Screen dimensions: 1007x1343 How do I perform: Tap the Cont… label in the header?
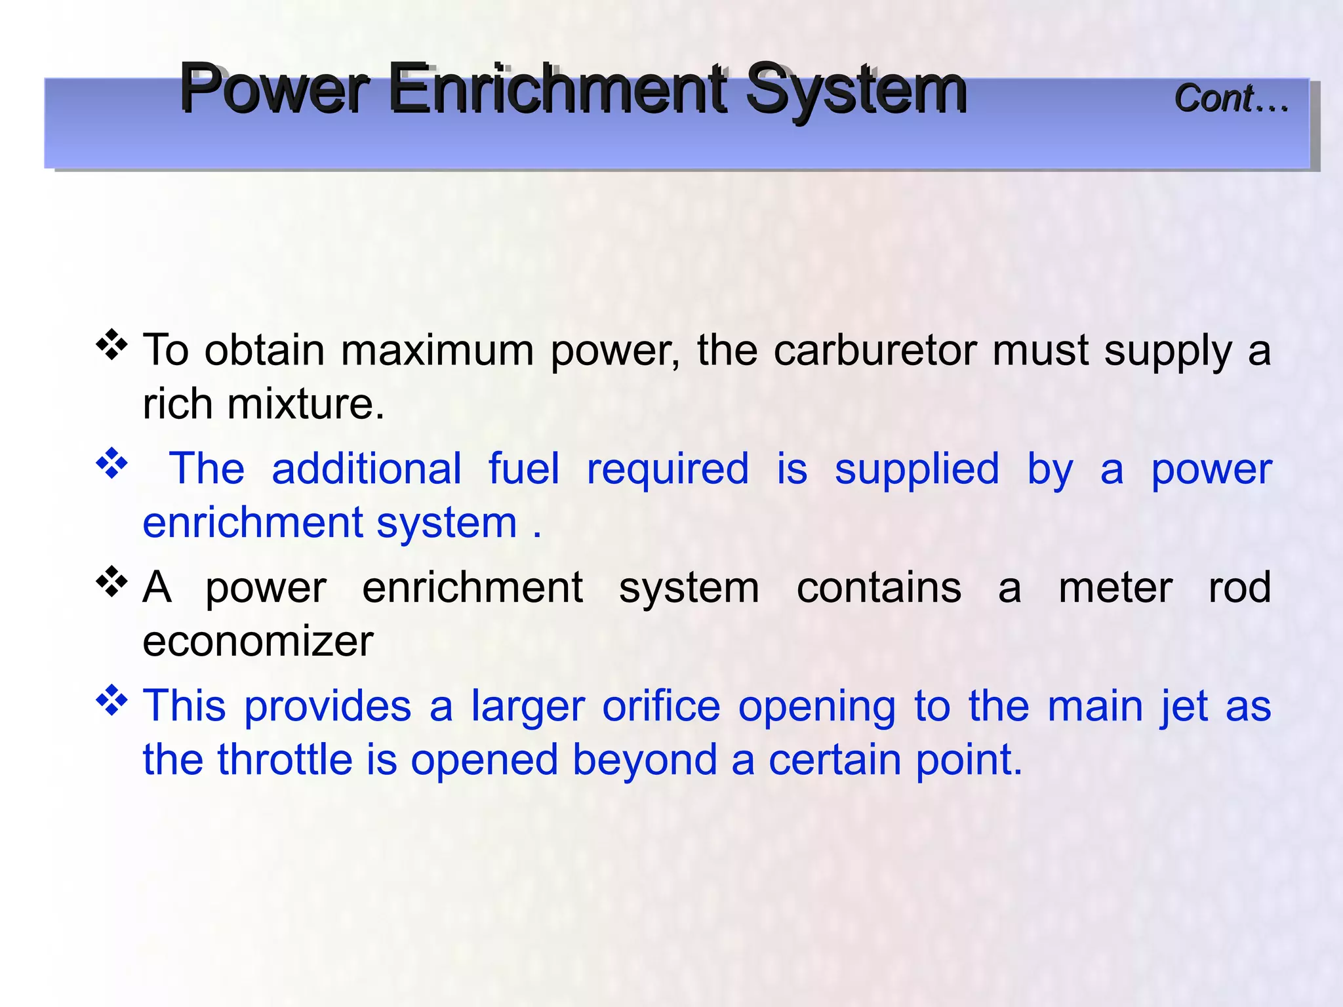click(1231, 98)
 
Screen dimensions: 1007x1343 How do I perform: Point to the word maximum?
click(437, 350)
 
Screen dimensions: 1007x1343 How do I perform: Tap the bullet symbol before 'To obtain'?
click(112, 345)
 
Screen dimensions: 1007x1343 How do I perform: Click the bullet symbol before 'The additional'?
click(112, 464)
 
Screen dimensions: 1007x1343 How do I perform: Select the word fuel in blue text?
click(524, 469)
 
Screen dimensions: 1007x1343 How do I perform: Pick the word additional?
click(367, 469)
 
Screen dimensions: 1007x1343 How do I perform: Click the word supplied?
click(917, 469)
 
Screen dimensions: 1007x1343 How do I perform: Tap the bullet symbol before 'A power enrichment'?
click(112, 582)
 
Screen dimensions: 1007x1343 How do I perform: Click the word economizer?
click(258, 641)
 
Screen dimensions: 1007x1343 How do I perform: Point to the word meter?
click(1115, 587)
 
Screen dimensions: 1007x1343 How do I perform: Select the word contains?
click(879, 587)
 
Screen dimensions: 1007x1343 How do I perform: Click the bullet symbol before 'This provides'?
click(112, 701)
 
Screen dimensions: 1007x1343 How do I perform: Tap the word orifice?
click(661, 706)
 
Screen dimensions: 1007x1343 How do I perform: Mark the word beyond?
click(644, 760)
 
